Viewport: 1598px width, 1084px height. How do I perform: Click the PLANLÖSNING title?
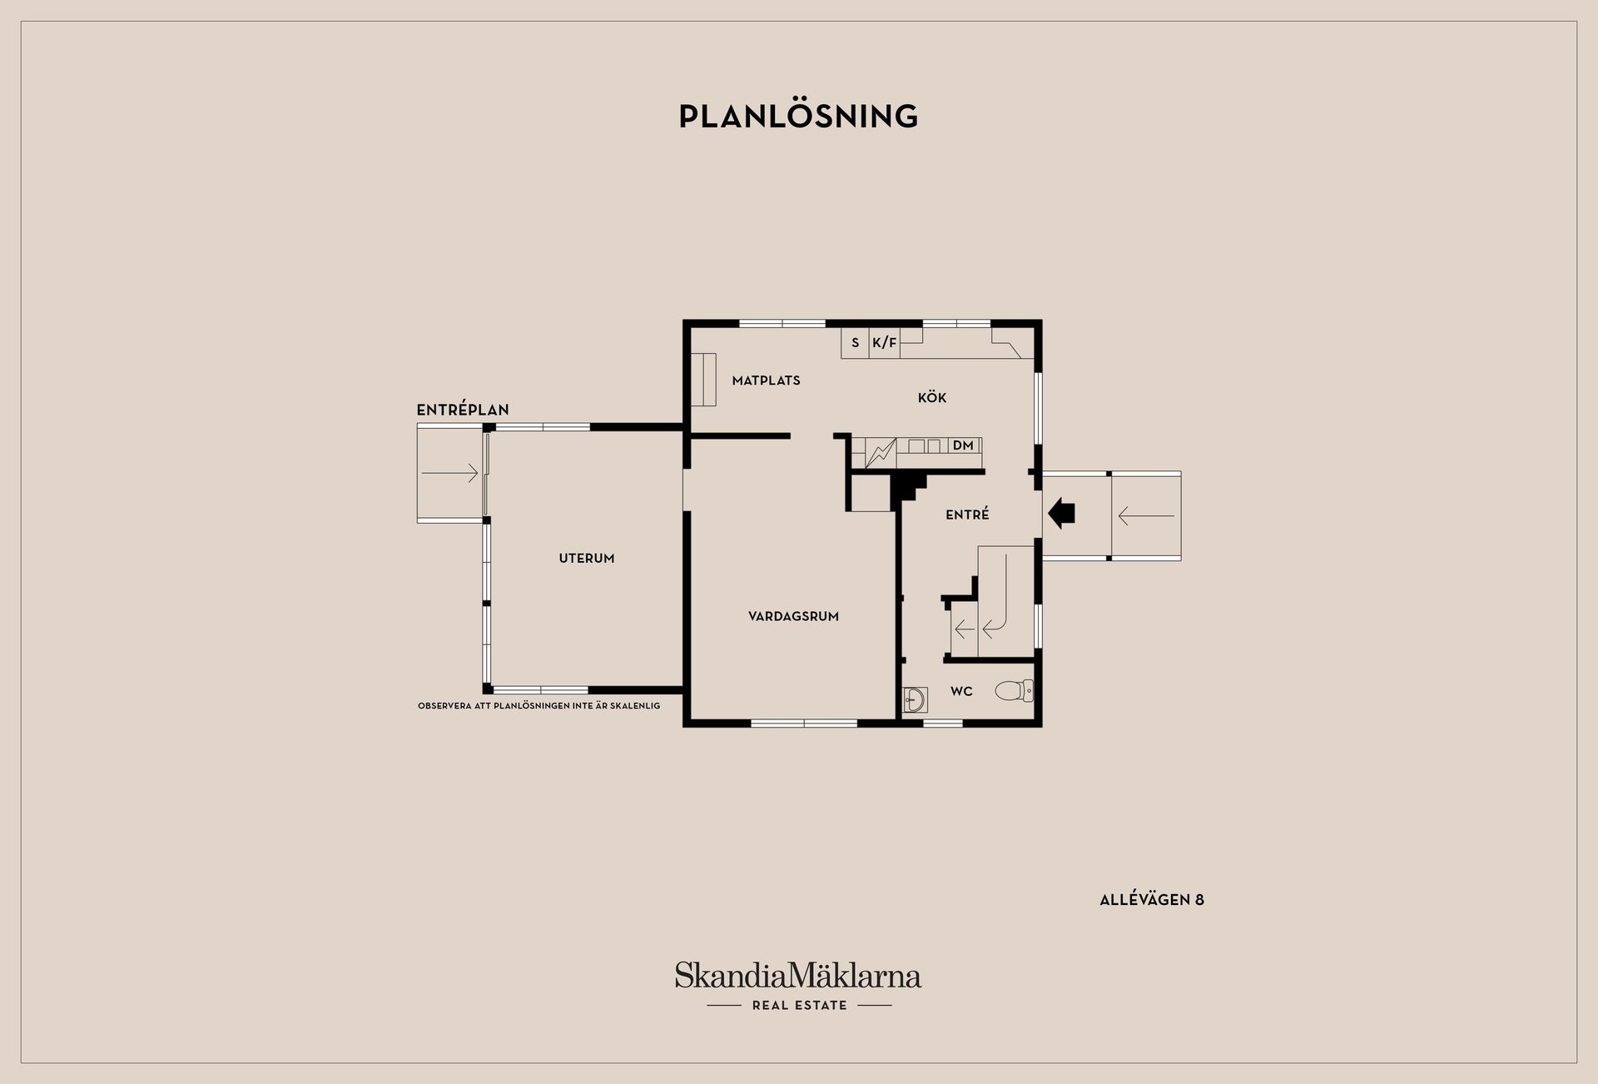(x=798, y=117)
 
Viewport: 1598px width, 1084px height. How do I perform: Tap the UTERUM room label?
(x=587, y=559)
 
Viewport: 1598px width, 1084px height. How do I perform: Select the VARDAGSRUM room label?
(x=793, y=617)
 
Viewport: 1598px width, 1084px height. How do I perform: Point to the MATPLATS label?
(x=766, y=380)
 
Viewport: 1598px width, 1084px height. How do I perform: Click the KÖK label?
(x=932, y=397)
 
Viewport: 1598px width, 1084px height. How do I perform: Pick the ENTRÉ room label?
(x=967, y=515)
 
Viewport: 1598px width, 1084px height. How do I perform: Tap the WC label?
(x=961, y=692)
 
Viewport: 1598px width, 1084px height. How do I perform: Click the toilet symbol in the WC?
(x=1015, y=690)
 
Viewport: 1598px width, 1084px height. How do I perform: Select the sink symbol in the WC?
(x=915, y=700)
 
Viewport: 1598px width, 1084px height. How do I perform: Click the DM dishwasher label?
(x=963, y=445)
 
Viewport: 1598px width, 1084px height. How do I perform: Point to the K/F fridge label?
(x=885, y=343)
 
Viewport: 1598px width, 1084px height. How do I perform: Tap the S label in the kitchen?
(x=855, y=343)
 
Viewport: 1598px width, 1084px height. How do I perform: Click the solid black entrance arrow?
(x=1061, y=513)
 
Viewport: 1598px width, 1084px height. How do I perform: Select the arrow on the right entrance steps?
(x=1146, y=516)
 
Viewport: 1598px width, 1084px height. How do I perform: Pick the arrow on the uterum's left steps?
(x=450, y=474)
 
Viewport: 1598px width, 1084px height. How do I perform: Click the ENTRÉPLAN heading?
(x=463, y=410)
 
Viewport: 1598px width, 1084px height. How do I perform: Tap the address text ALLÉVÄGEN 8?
(x=1152, y=900)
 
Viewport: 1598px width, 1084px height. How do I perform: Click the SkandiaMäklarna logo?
(x=798, y=975)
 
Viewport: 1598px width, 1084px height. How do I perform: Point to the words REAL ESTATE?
(x=799, y=1006)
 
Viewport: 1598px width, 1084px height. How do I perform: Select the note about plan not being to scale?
(x=539, y=706)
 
